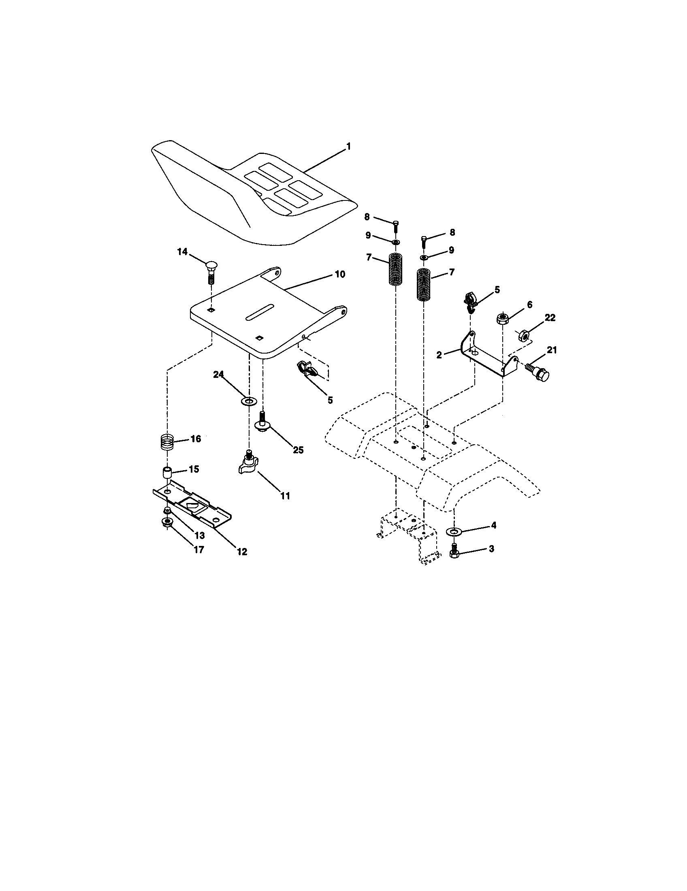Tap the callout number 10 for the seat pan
[340, 274]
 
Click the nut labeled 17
[167, 522]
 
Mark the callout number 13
[199, 535]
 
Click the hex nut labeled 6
[502, 318]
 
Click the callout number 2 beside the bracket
[439, 355]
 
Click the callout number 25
[298, 450]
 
